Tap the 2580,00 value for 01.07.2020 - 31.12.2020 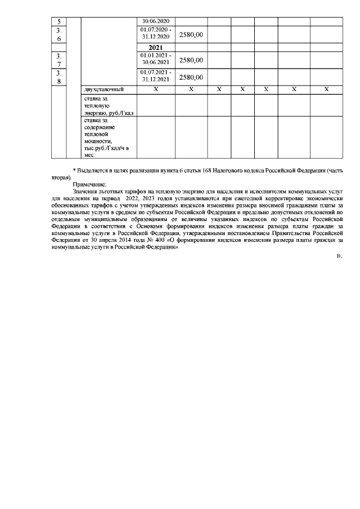191,34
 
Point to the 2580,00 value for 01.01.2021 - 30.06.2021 191,60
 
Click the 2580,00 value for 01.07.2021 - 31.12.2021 191,78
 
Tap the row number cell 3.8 59,76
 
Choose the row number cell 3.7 59,60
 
